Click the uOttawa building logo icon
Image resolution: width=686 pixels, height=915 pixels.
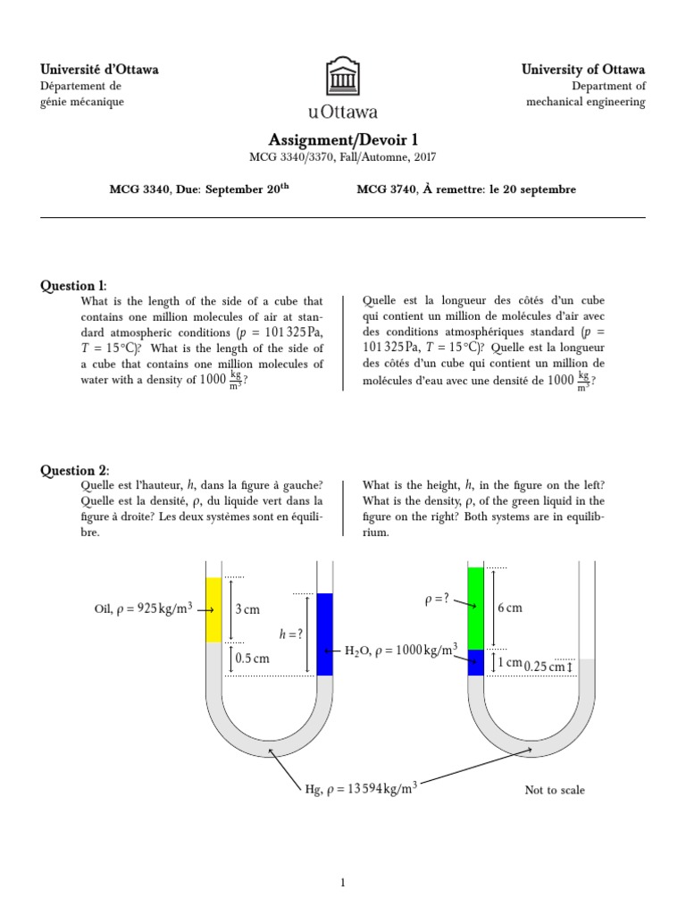pos(343,76)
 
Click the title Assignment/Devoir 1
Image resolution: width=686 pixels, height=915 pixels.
pos(343,139)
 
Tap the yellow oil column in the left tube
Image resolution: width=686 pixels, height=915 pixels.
pos(213,609)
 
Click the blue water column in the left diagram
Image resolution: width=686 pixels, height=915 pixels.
pos(325,634)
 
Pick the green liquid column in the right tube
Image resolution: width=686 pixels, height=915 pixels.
pos(475,608)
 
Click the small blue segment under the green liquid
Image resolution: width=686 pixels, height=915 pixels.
pos(475,662)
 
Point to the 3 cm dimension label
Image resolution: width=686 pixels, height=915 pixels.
pos(247,609)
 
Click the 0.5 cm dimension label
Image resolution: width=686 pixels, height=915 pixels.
pos(251,659)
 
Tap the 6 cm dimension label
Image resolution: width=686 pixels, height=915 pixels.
pos(509,608)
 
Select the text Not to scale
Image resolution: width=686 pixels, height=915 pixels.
pos(555,790)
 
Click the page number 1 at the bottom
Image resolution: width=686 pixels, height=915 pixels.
pos(342,884)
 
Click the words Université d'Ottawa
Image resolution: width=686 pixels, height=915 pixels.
pos(100,70)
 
